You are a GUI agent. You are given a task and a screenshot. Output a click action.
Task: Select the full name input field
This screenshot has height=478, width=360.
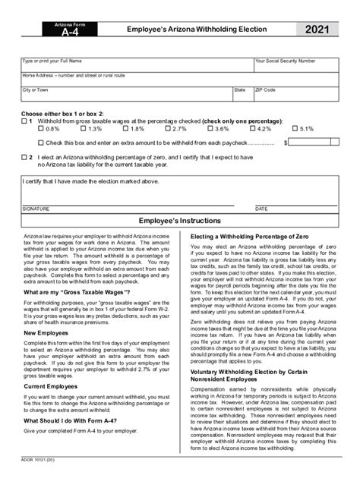(x=137, y=66)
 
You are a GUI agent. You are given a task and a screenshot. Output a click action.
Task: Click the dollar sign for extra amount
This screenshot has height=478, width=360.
(x=286, y=142)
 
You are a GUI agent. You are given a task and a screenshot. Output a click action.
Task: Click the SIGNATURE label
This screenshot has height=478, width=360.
(x=36, y=207)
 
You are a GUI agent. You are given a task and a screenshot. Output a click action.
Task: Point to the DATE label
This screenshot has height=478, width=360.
(x=261, y=207)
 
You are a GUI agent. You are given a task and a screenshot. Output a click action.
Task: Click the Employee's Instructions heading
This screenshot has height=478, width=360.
(x=180, y=220)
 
